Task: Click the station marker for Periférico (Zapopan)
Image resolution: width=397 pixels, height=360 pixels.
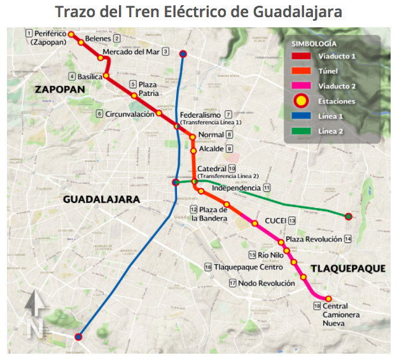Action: (x=71, y=35)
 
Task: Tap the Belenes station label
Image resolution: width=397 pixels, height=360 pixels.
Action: (x=97, y=39)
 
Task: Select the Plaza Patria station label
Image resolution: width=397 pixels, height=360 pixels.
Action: (x=148, y=88)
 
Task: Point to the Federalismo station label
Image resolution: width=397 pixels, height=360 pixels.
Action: (x=200, y=114)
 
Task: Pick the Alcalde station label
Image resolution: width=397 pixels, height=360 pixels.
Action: (x=211, y=148)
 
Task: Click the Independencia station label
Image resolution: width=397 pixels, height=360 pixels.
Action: (x=236, y=188)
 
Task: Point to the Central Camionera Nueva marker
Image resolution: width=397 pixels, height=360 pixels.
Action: (x=328, y=299)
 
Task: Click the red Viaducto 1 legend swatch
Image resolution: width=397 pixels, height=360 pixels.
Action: (x=300, y=57)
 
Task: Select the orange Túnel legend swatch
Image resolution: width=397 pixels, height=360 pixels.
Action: (x=300, y=71)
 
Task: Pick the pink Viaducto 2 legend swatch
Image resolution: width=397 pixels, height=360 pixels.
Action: (x=300, y=86)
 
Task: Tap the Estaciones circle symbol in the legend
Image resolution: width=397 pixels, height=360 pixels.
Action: (x=300, y=100)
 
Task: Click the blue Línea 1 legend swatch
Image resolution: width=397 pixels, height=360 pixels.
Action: (x=300, y=116)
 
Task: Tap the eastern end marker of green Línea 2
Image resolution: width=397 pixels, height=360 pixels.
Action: (x=348, y=217)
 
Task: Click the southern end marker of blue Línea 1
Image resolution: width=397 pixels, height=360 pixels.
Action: (x=78, y=337)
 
